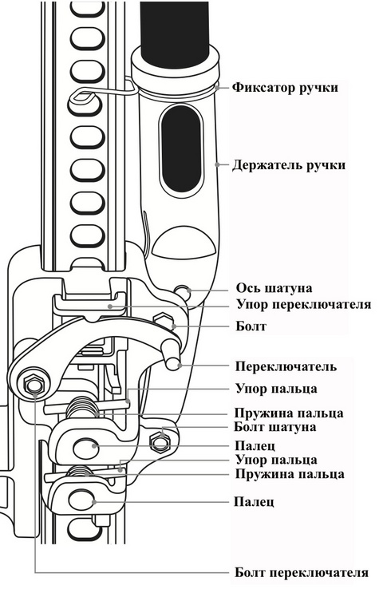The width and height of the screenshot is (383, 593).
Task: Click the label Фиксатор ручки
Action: [285, 88]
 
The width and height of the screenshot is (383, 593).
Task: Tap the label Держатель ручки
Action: [289, 166]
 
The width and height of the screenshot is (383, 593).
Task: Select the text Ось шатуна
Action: [274, 288]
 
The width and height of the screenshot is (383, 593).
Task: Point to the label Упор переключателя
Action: [304, 304]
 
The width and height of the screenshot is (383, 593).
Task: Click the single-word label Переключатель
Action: [286, 366]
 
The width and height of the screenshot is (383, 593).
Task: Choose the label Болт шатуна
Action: [274, 427]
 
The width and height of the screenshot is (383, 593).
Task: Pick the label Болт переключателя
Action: [302, 572]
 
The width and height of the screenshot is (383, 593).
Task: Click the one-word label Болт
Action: [251, 326]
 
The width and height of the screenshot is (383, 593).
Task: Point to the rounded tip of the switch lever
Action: [174, 363]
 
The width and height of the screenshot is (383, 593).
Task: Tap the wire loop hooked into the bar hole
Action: [104, 90]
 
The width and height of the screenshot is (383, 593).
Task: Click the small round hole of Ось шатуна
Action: [183, 291]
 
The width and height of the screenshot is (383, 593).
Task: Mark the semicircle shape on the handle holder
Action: [184, 242]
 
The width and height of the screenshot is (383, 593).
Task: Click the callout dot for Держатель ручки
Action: [217, 164]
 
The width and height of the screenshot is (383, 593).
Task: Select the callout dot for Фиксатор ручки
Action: [217, 87]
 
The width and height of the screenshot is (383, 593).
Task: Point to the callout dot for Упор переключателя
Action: [109, 306]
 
